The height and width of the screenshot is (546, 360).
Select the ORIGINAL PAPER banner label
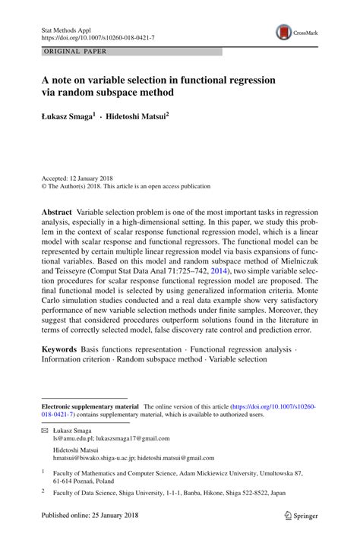76,52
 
